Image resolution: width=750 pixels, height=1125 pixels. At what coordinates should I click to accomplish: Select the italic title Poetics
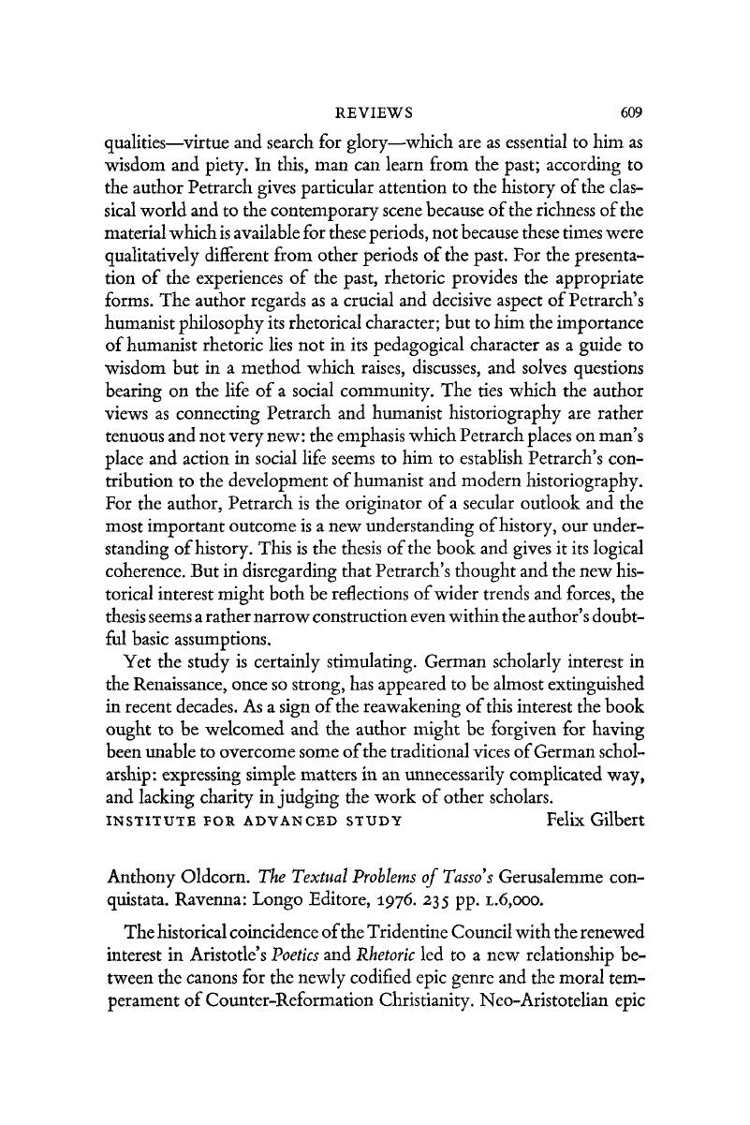pyautogui.click(x=307, y=973)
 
